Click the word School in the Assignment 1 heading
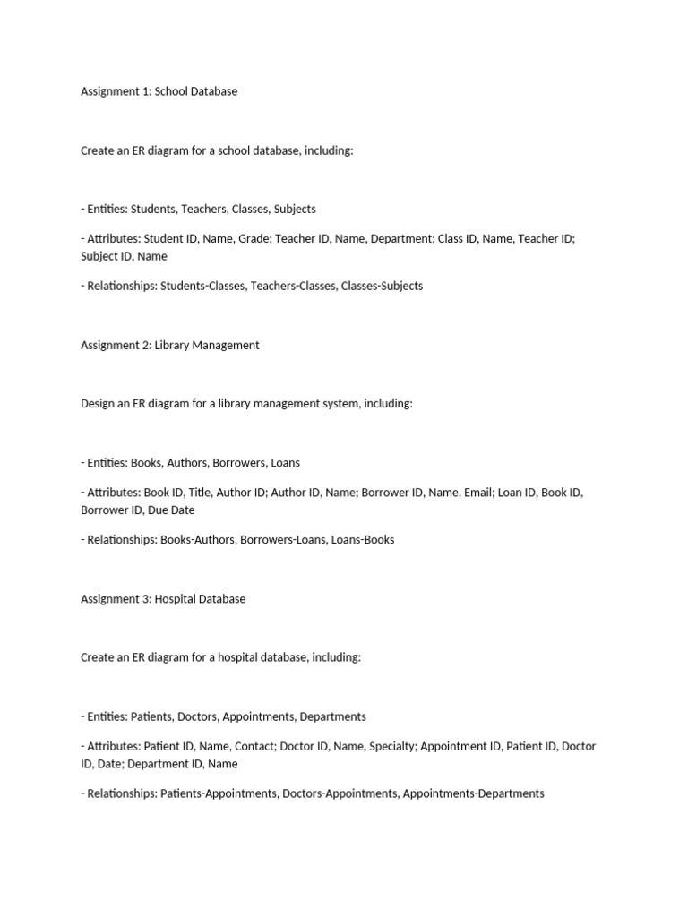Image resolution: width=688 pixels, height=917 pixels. pos(172,91)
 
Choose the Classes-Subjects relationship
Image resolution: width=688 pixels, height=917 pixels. pos(382,286)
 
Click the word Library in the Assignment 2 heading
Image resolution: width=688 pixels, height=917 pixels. pos(174,345)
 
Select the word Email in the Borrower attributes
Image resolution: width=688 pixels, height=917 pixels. pos(478,493)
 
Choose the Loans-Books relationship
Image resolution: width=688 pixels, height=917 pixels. pos(363,540)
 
